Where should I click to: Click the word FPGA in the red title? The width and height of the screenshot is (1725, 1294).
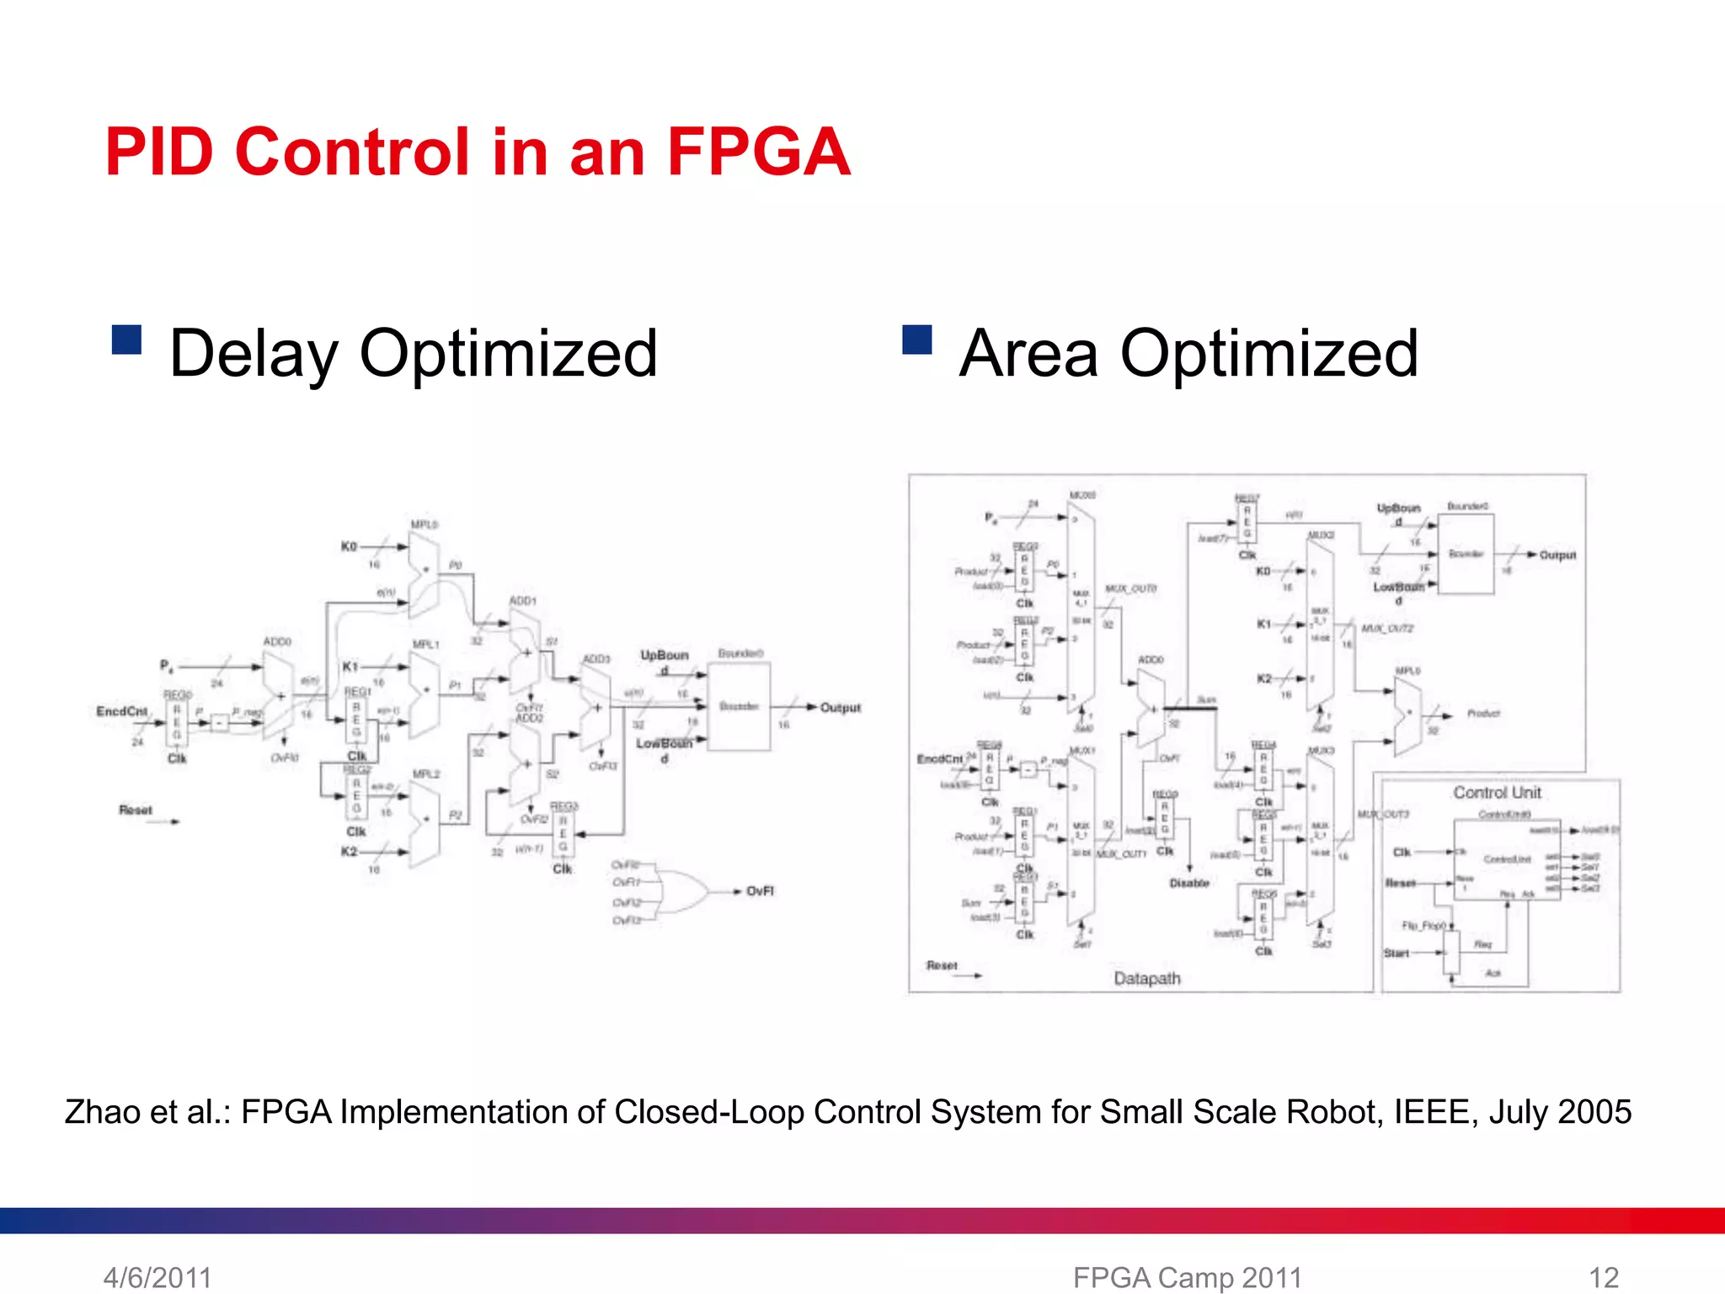(x=758, y=152)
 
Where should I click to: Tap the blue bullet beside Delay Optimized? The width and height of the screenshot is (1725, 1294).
(x=126, y=340)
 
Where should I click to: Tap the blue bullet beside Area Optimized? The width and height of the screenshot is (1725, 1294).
(x=916, y=340)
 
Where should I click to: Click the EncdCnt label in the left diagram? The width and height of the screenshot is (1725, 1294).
(x=121, y=712)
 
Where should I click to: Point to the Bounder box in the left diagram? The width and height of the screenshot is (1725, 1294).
(x=739, y=706)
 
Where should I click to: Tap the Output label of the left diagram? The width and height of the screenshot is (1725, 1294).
(x=840, y=708)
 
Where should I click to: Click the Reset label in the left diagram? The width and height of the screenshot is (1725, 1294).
(x=136, y=810)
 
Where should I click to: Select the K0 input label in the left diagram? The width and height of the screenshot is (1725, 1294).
(x=349, y=547)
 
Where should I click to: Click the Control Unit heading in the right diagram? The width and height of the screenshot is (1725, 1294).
(x=1497, y=793)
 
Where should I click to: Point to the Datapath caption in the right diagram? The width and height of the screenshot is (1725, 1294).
(x=1146, y=978)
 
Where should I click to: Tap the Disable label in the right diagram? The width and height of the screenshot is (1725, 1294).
(x=1189, y=883)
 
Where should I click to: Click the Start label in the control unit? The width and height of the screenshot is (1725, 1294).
(x=1396, y=953)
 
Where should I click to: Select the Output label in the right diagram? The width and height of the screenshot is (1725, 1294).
(x=1557, y=555)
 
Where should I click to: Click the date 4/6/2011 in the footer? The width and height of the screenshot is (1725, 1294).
(x=158, y=1277)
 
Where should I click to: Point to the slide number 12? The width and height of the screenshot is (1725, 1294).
(x=1603, y=1277)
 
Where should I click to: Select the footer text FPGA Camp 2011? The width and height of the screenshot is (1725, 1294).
(x=1188, y=1277)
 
